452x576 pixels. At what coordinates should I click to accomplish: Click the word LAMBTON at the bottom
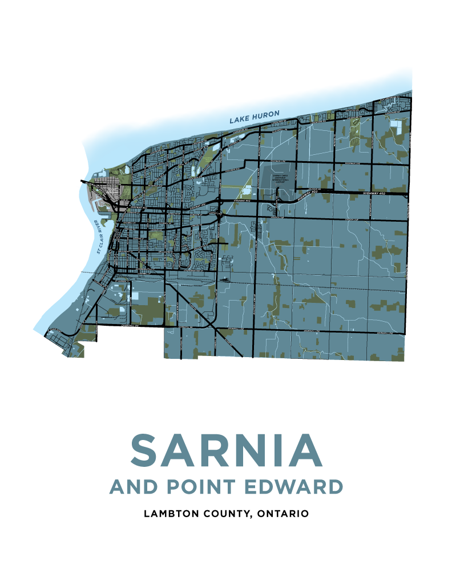(171, 514)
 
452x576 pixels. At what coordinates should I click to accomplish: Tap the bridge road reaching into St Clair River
(87, 182)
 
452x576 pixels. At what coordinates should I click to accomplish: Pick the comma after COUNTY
(252, 516)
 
